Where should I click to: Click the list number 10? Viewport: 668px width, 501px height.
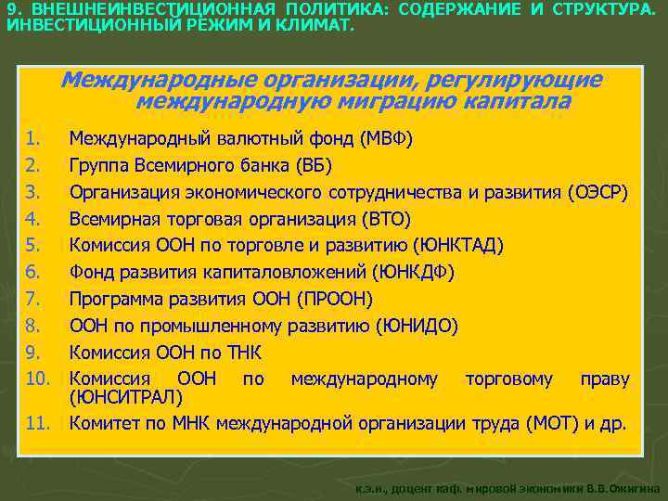[x=36, y=379]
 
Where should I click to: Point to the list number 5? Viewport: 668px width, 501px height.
[x=32, y=246]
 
